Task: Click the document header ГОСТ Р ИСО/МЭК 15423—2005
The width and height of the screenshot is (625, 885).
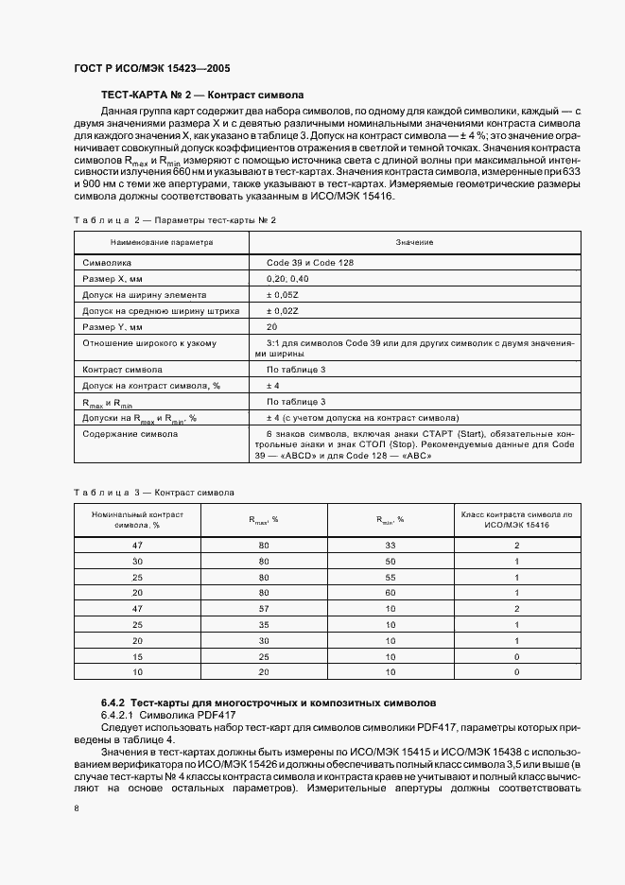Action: click(150, 69)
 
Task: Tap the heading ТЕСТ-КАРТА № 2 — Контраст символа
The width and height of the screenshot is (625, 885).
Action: click(201, 95)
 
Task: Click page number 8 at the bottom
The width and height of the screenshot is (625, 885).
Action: click(77, 808)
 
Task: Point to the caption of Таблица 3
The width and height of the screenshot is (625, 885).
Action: click(154, 493)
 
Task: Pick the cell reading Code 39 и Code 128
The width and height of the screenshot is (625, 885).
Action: click(310, 262)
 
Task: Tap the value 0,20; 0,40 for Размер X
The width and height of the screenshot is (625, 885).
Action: click(287, 278)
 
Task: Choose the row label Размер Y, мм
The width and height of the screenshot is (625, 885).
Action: click(112, 326)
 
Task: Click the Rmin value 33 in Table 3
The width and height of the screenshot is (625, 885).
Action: click(387, 546)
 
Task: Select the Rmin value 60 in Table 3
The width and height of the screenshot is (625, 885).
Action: click(387, 591)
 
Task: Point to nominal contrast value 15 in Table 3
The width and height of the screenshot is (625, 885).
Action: click(137, 655)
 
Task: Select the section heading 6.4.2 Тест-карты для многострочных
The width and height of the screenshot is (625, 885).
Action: click(269, 704)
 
